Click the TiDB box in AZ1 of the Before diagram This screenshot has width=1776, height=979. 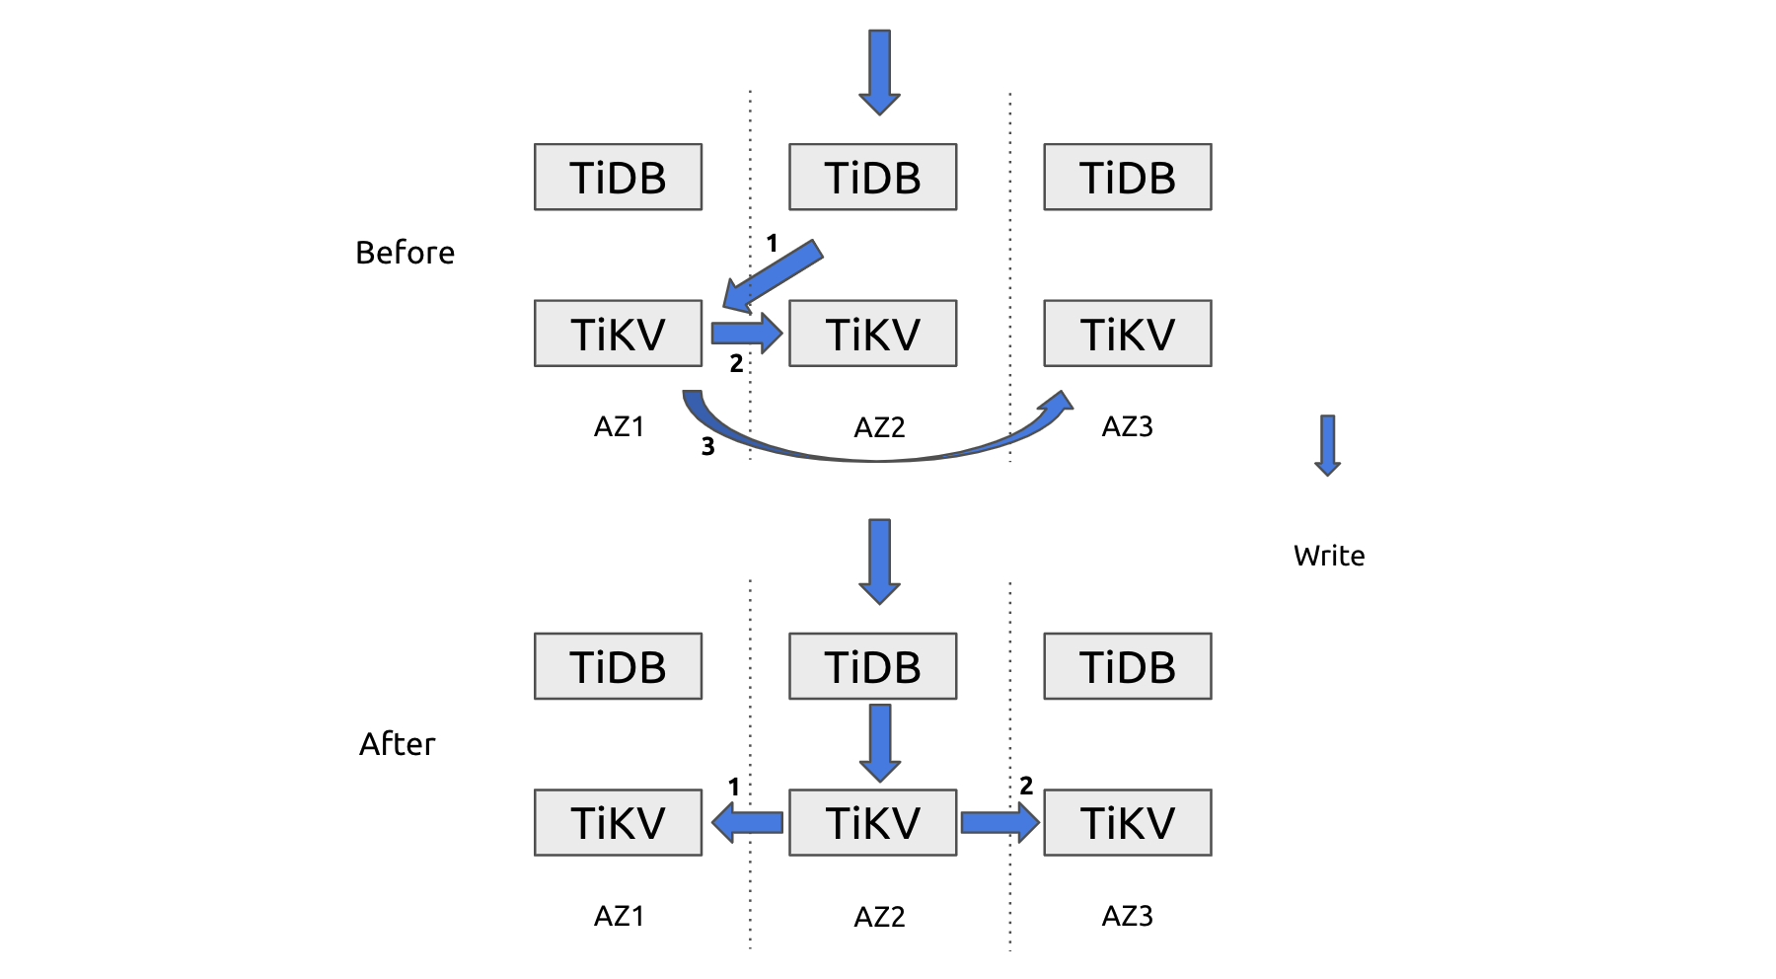pos(618,177)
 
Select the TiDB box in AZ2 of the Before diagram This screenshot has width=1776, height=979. pos(872,177)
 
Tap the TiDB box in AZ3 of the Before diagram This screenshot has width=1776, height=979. pos(1128,177)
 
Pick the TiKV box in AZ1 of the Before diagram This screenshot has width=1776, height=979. pos(618,334)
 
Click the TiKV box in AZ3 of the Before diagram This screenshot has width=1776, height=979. pos(1128,334)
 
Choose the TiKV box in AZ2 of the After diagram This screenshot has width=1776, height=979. pos(872,822)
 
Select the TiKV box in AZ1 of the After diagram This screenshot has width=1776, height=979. pos(618,822)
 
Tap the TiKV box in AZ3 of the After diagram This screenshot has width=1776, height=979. pos(1128,822)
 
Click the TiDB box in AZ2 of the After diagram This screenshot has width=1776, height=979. pos(872,666)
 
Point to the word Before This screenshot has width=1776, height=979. pos(405,253)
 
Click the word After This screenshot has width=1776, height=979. pos(397,743)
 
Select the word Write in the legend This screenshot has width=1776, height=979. pos(1329,556)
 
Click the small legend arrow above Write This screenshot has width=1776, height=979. pos(1328,445)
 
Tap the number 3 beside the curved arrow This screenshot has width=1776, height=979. pos(707,447)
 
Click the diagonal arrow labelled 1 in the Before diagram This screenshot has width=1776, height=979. pos(773,275)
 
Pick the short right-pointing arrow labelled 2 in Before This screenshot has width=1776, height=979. pos(747,333)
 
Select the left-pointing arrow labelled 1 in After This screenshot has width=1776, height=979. pos(747,821)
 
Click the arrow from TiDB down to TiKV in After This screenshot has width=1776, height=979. pos(880,743)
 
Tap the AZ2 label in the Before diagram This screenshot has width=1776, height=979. pos(879,427)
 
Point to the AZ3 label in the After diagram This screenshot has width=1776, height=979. pos(1127,916)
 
